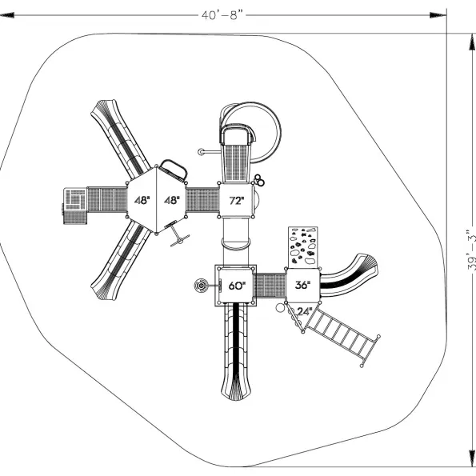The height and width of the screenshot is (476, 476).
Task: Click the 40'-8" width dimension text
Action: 222,15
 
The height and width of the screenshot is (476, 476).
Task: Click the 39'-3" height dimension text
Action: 471,250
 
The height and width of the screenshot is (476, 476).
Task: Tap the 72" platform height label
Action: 237,201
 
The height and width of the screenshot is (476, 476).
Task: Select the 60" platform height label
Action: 237,286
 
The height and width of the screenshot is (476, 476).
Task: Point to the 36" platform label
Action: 302,285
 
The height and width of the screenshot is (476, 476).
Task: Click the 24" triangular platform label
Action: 305,311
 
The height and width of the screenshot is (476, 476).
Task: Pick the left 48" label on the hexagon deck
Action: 142,200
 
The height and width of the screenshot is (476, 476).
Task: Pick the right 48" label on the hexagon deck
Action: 172,200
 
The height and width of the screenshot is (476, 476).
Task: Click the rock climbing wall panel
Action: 302,247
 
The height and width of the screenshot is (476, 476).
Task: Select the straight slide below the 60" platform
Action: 236,352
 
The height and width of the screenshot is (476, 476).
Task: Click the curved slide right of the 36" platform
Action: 349,276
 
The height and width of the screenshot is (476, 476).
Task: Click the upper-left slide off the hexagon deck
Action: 120,138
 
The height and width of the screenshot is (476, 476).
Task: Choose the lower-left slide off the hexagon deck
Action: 120,261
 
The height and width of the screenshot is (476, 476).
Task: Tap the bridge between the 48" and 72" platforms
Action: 202,200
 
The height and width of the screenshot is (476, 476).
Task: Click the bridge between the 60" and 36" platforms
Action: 270,286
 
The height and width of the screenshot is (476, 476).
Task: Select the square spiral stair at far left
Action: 75,206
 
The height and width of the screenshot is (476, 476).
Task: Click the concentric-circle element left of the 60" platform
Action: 201,286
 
